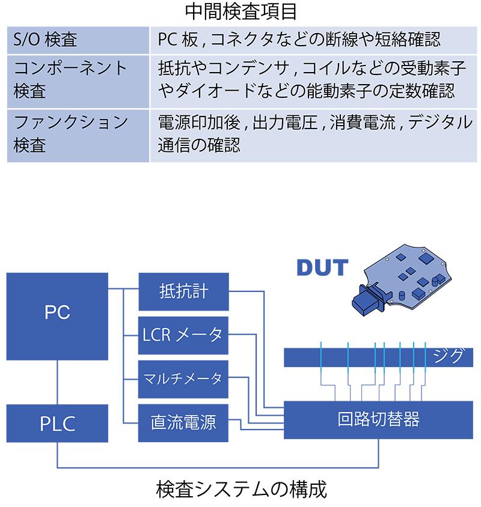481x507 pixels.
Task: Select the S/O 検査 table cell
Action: coord(78,40)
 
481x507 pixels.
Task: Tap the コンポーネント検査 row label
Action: coord(78,80)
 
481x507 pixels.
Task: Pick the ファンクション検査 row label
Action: coord(78,135)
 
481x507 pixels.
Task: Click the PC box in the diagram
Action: coord(57,316)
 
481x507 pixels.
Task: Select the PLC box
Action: coord(57,424)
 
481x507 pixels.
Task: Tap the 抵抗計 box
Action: coord(183,291)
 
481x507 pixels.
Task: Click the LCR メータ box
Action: coord(183,335)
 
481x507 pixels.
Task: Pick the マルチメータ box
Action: coord(183,379)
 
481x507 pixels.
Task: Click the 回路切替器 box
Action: coord(379,419)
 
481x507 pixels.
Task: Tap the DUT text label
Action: coord(322,267)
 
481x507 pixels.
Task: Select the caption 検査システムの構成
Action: coord(240,490)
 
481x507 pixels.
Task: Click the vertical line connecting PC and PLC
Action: coord(57,383)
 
